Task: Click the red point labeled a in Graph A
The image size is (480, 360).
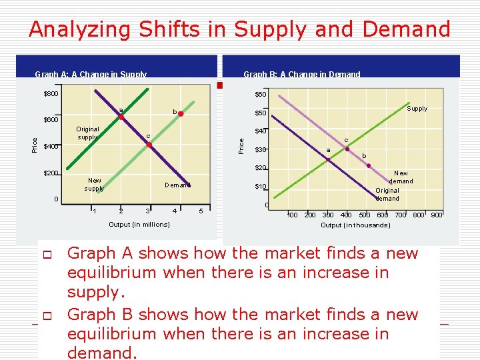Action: (x=121, y=118)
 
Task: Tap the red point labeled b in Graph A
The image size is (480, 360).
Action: (x=181, y=114)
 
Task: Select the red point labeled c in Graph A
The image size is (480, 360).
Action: (x=150, y=143)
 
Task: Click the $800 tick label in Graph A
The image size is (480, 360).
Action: (x=51, y=94)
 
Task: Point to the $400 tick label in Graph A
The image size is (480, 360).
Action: (x=51, y=147)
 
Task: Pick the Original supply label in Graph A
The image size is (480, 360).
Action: (x=87, y=133)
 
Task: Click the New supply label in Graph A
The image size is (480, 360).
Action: (x=95, y=185)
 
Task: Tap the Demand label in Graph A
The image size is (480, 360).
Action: (x=177, y=185)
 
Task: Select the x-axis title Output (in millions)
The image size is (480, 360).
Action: (x=139, y=224)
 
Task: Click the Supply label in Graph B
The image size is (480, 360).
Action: (x=417, y=109)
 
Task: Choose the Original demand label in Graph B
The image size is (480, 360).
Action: (x=387, y=194)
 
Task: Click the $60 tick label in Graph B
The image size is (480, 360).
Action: (x=261, y=95)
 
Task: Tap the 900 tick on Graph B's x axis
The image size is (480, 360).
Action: (x=436, y=215)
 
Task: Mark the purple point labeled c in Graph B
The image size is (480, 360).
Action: (x=347, y=149)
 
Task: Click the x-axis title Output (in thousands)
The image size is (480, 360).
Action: (x=355, y=225)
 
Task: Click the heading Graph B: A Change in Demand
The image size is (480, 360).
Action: (x=301, y=75)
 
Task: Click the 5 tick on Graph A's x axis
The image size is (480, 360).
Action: (x=201, y=212)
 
